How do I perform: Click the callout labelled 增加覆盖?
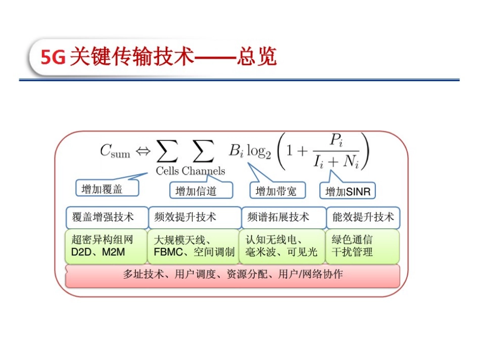102,189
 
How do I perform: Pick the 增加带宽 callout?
276,191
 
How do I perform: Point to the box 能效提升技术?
363,217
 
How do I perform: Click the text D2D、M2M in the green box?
98,252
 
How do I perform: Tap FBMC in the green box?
167,252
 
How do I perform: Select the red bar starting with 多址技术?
232,275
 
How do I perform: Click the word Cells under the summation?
167,171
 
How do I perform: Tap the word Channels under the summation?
203,171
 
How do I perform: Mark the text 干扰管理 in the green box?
352,252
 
